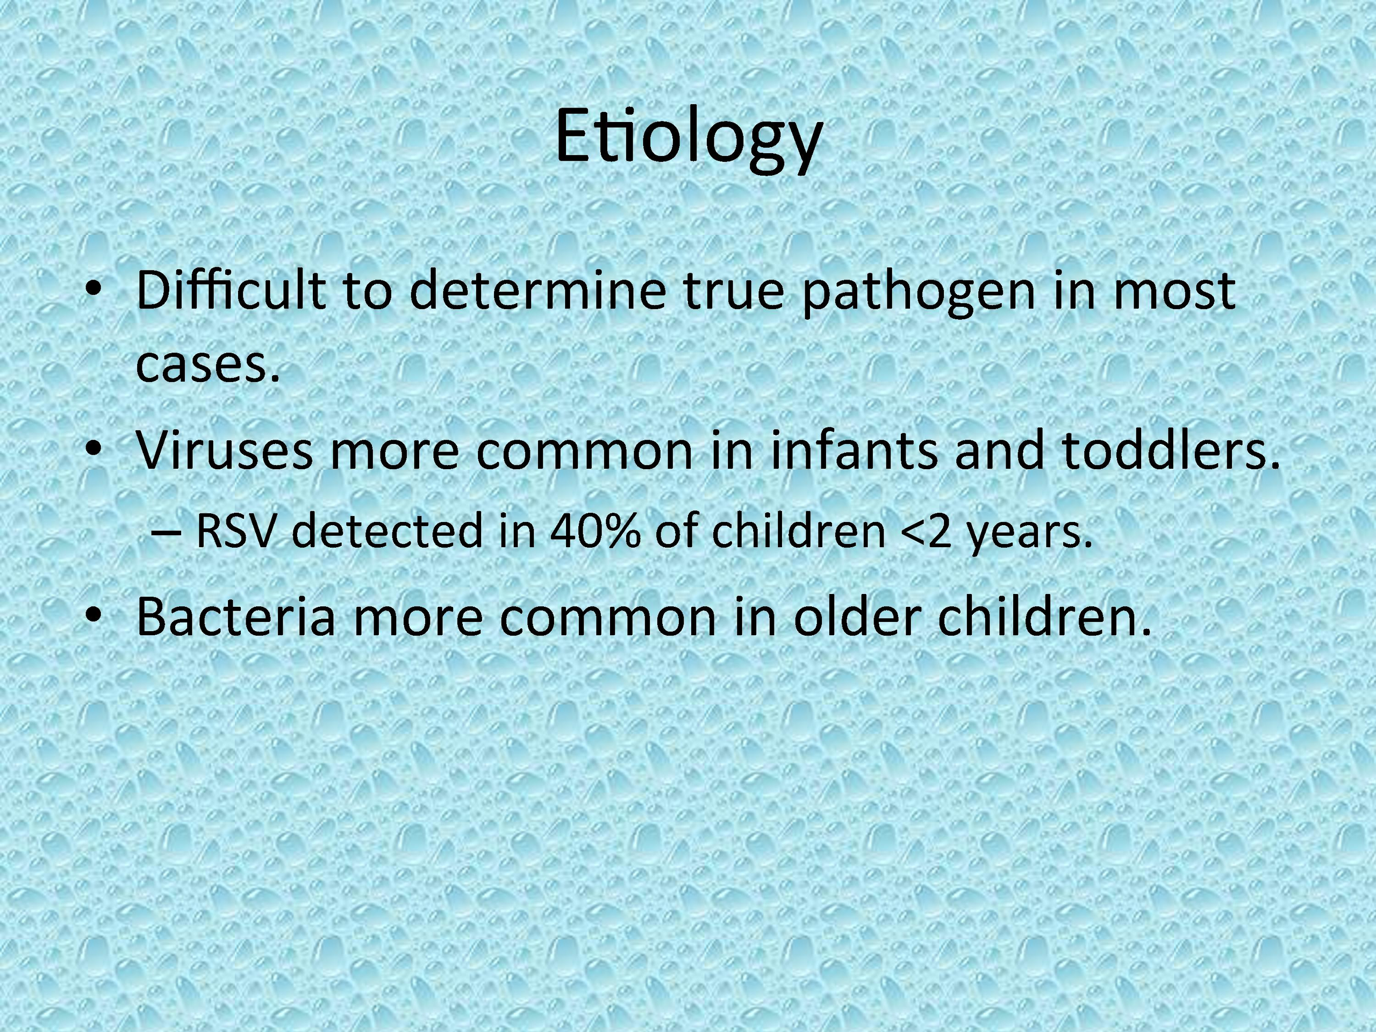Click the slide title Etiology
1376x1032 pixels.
[x=689, y=138]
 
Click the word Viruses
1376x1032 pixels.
[x=225, y=449]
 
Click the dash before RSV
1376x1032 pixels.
[x=166, y=533]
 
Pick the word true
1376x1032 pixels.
[x=734, y=291]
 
